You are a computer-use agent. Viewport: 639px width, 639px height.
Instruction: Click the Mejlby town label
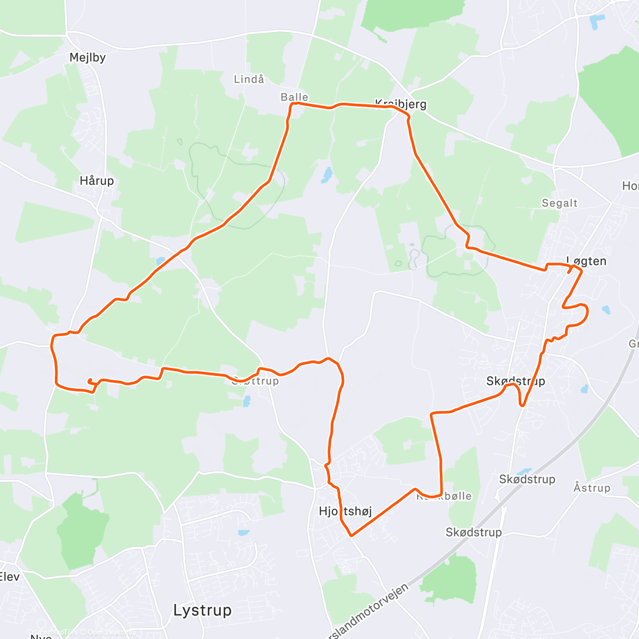pyautogui.click(x=87, y=58)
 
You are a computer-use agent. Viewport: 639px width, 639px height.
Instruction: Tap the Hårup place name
pyautogui.click(x=96, y=181)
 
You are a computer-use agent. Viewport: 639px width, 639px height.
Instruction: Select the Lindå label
pyautogui.click(x=249, y=79)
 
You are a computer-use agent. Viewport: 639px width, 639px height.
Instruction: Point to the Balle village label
pyautogui.click(x=294, y=97)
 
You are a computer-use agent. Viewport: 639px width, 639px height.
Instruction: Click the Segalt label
pyautogui.click(x=560, y=203)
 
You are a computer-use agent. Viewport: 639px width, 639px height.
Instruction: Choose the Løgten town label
pyautogui.click(x=586, y=261)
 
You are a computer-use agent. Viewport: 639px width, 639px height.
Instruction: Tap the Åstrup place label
pyautogui.click(x=592, y=488)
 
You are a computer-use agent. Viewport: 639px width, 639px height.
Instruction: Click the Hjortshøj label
pyautogui.click(x=345, y=511)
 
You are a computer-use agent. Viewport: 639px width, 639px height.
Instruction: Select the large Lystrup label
pyautogui.click(x=202, y=610)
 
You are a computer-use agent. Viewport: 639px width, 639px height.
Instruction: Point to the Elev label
pyautogui.click(x=9, y=576)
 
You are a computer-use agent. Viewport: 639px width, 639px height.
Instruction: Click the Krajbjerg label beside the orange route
pyautogui.click(x=400, y=104)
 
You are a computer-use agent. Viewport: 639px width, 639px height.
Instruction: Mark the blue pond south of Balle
pyautogui.click(x=326, y=175)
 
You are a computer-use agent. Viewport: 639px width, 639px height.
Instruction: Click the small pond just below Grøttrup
pyautogui.click(x=247, y=401)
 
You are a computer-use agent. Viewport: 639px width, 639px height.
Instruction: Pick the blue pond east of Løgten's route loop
pyautogui.click(x=605, y=309)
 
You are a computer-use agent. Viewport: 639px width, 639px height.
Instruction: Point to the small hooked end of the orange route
pyautogui.click(x=90, y=380)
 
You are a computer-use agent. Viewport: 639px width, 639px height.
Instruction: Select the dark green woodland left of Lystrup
pyautogui.click(x=80, y=527)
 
